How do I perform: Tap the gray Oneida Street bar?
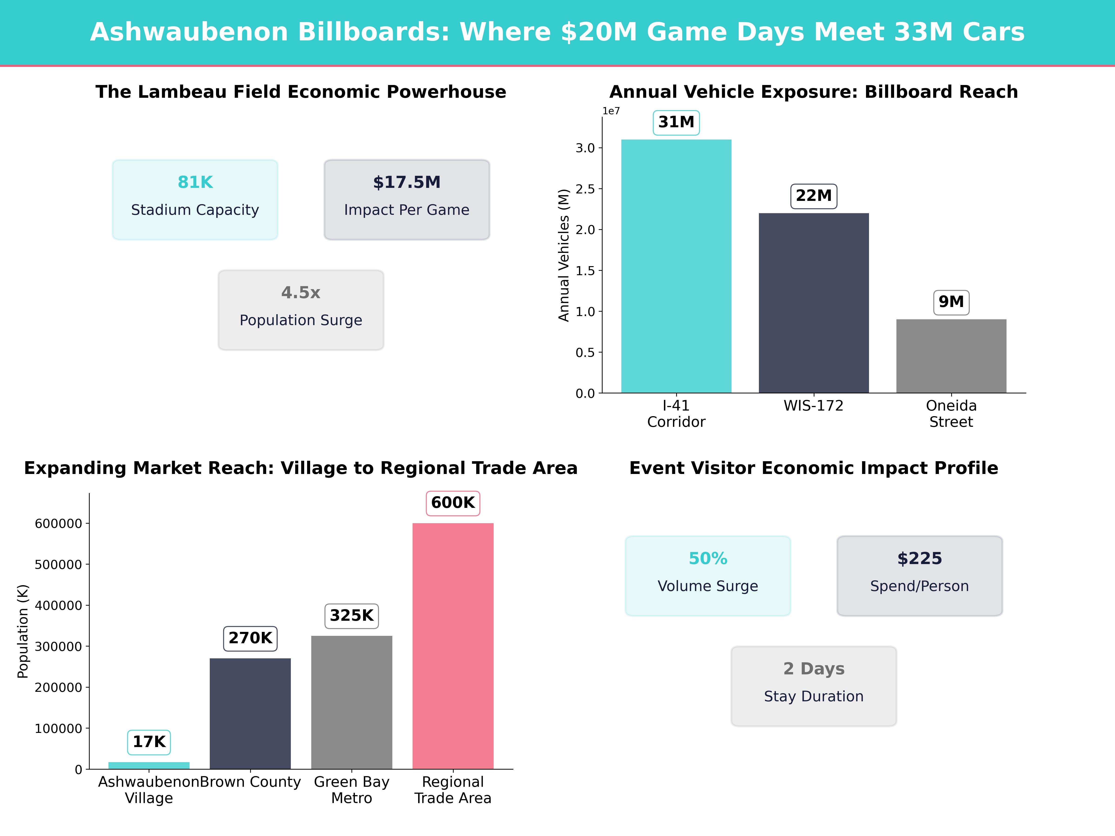click(951, 356)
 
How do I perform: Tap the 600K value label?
click(453, 503)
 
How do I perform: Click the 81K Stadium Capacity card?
click(195, 199)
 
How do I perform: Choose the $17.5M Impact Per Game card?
click(407, 199)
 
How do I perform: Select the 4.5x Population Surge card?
click(301, 310)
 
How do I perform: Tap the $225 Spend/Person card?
click(919, 575)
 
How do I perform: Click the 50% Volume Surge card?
click(708, 575)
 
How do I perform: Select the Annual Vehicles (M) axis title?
click(564, 255)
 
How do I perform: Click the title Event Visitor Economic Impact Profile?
click(813, 468)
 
